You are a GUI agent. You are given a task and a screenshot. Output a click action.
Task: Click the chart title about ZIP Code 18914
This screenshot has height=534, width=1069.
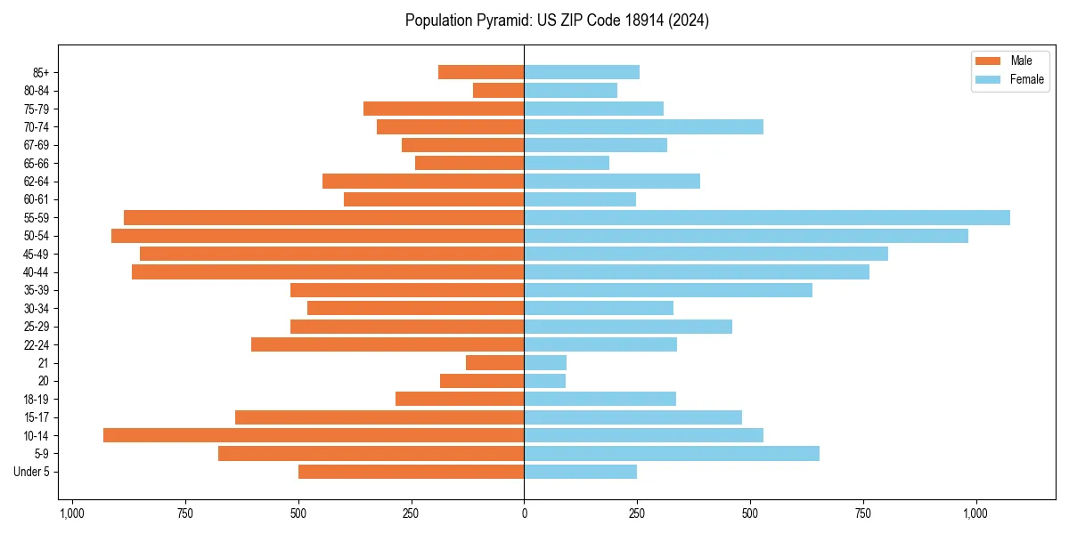coord(557,20)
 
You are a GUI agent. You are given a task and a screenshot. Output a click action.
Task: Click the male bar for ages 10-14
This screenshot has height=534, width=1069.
coord(314,435)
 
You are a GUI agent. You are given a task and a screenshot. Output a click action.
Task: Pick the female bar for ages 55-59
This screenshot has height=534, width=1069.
coord(766,217)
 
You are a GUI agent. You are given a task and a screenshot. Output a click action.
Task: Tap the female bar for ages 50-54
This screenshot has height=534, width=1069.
coord(746,236)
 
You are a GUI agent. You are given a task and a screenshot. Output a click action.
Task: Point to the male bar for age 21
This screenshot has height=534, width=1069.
coord(494,362)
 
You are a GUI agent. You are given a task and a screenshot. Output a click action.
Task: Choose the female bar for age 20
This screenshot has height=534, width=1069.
coord(544,381)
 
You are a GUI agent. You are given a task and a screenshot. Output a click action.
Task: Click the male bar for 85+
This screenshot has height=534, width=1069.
coord(481,72)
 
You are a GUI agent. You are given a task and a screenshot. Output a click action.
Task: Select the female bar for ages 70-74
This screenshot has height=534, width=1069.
coord(643,126)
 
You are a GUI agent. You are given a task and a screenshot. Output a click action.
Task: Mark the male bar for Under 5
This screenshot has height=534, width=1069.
coord(411,472)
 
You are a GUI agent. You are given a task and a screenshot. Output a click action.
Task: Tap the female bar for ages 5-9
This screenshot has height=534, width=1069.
coord(672,453)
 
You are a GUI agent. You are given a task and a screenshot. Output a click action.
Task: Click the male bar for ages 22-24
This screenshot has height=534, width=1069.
coord(388,344)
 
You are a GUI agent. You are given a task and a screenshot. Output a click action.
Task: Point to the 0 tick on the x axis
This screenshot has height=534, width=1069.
coord(524,514)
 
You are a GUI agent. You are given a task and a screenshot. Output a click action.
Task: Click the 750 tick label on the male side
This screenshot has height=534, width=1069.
coord(184,514)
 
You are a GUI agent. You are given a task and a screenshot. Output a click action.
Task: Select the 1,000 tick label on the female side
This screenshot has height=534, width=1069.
coord(975,514)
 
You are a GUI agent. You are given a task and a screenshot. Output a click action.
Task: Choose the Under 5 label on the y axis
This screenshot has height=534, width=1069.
coord(31,472)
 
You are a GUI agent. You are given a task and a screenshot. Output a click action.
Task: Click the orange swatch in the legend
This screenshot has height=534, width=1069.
coord(988,61)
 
